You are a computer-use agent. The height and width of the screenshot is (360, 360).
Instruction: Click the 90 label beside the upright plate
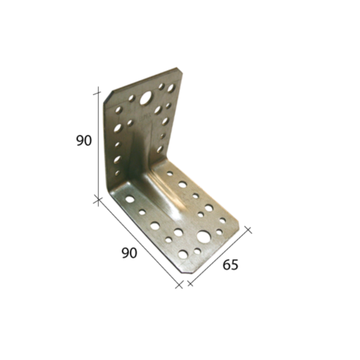click(x=84, y=141)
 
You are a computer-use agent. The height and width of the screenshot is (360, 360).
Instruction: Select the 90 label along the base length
click(x=129, y=253)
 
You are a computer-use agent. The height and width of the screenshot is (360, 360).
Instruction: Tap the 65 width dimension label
click(x=231, y=265)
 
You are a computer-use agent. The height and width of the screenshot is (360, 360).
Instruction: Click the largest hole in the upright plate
click(x=146, y=98)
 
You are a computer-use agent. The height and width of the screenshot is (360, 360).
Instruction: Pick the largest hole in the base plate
click(x=202, y=236)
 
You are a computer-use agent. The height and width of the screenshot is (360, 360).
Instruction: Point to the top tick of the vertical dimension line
click(x=98, y=93)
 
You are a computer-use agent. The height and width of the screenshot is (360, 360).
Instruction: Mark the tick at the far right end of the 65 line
click(x=248, y=230)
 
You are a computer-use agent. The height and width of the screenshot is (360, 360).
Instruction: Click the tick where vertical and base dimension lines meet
click(x=98, y=200)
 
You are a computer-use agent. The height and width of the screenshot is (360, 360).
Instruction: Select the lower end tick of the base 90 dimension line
click(x=179, y=285)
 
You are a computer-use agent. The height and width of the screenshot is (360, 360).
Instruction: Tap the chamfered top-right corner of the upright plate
click(x=180, y=70)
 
